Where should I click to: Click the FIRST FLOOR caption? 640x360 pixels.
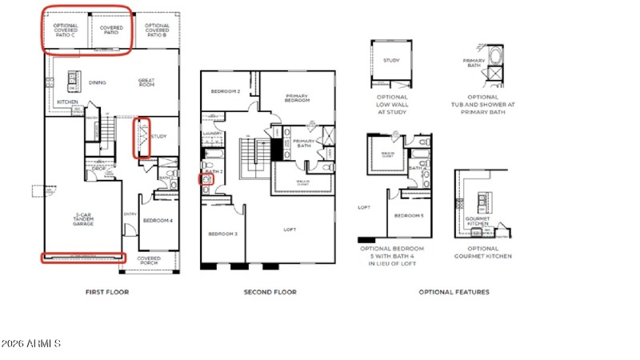click(107, 292)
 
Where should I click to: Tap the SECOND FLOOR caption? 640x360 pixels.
click(270, 292)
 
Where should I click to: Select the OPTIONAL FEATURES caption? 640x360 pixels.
click(454, 292)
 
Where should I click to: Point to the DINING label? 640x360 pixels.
click(98, 82)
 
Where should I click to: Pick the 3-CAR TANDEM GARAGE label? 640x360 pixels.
click(83, 218)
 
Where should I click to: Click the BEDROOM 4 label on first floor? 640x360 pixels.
click(158, 220)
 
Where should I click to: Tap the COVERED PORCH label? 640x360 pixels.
click(149, 260)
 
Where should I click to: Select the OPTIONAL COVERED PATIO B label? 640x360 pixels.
click(157, 30)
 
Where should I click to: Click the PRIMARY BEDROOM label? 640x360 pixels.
click(297, 98)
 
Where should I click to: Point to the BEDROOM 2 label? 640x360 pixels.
click(226, 91)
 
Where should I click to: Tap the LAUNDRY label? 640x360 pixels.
click(212, 134)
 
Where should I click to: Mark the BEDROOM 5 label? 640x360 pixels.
click(408, 216)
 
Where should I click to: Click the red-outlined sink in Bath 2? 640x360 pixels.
click(206, 180)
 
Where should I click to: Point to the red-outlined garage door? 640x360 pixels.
click(84, 257)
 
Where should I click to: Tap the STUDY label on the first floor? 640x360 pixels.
click(158, 137)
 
